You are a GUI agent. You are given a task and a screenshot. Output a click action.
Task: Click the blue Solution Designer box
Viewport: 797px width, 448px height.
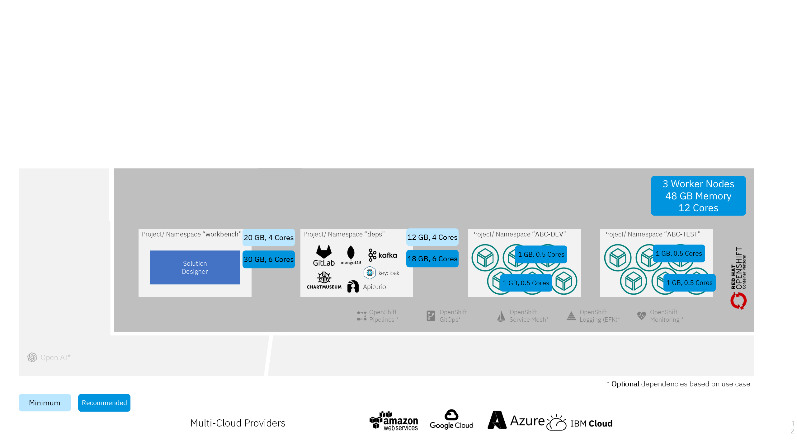coord(195,267)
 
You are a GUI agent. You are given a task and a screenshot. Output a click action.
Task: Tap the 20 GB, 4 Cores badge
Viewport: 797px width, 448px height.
coord(268,237)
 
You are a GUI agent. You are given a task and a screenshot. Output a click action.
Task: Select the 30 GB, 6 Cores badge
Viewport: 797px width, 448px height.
coord(268,259)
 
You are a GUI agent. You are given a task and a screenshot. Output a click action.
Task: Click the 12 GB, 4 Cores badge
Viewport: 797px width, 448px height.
coord(432,237)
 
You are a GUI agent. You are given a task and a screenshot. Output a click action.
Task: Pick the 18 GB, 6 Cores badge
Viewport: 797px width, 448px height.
coord(432,259)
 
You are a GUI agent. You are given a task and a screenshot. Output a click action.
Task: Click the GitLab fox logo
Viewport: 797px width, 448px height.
coord(324,252)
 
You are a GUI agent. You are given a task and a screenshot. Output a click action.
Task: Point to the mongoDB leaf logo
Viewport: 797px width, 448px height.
coord(351,253)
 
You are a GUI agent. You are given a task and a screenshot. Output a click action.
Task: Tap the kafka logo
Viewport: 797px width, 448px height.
coord(383,255)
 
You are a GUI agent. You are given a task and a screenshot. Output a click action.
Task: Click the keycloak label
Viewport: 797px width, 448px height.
coord(389,273)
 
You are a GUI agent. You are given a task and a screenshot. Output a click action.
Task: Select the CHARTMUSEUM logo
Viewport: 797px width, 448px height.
coord(324,280)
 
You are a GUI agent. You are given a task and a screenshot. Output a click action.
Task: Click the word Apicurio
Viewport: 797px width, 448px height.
coord(374,287)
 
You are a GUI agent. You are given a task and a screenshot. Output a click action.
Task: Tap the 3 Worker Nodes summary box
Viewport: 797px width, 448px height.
coord(698,196)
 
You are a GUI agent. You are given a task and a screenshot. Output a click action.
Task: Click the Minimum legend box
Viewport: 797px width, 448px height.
coord(45,403)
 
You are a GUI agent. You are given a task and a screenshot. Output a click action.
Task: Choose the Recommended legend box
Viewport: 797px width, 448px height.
coord(104,403)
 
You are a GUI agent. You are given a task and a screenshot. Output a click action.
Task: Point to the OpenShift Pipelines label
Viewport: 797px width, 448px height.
coord(383,316)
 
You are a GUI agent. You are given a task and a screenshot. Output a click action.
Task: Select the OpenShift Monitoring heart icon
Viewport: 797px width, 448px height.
coord(641,316)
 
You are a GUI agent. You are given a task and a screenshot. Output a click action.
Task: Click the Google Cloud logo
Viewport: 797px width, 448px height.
coord(451,419)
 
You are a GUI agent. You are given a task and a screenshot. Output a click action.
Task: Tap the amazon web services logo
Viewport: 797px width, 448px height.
coord(394,421)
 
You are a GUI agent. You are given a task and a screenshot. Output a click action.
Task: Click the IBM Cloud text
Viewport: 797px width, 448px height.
coord(591,423)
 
